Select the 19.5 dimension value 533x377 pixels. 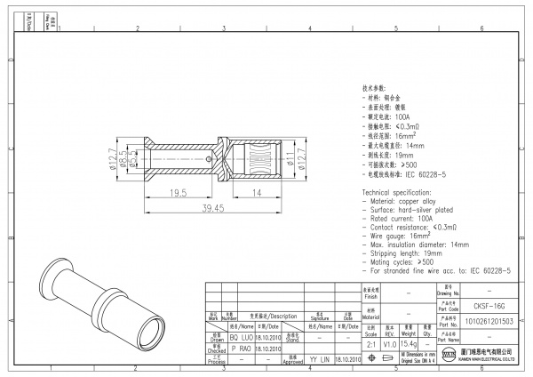(x=178, y=192)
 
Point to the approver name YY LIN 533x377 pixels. (x=320, y=360)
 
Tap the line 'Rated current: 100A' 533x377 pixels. (x=400, y=218)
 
